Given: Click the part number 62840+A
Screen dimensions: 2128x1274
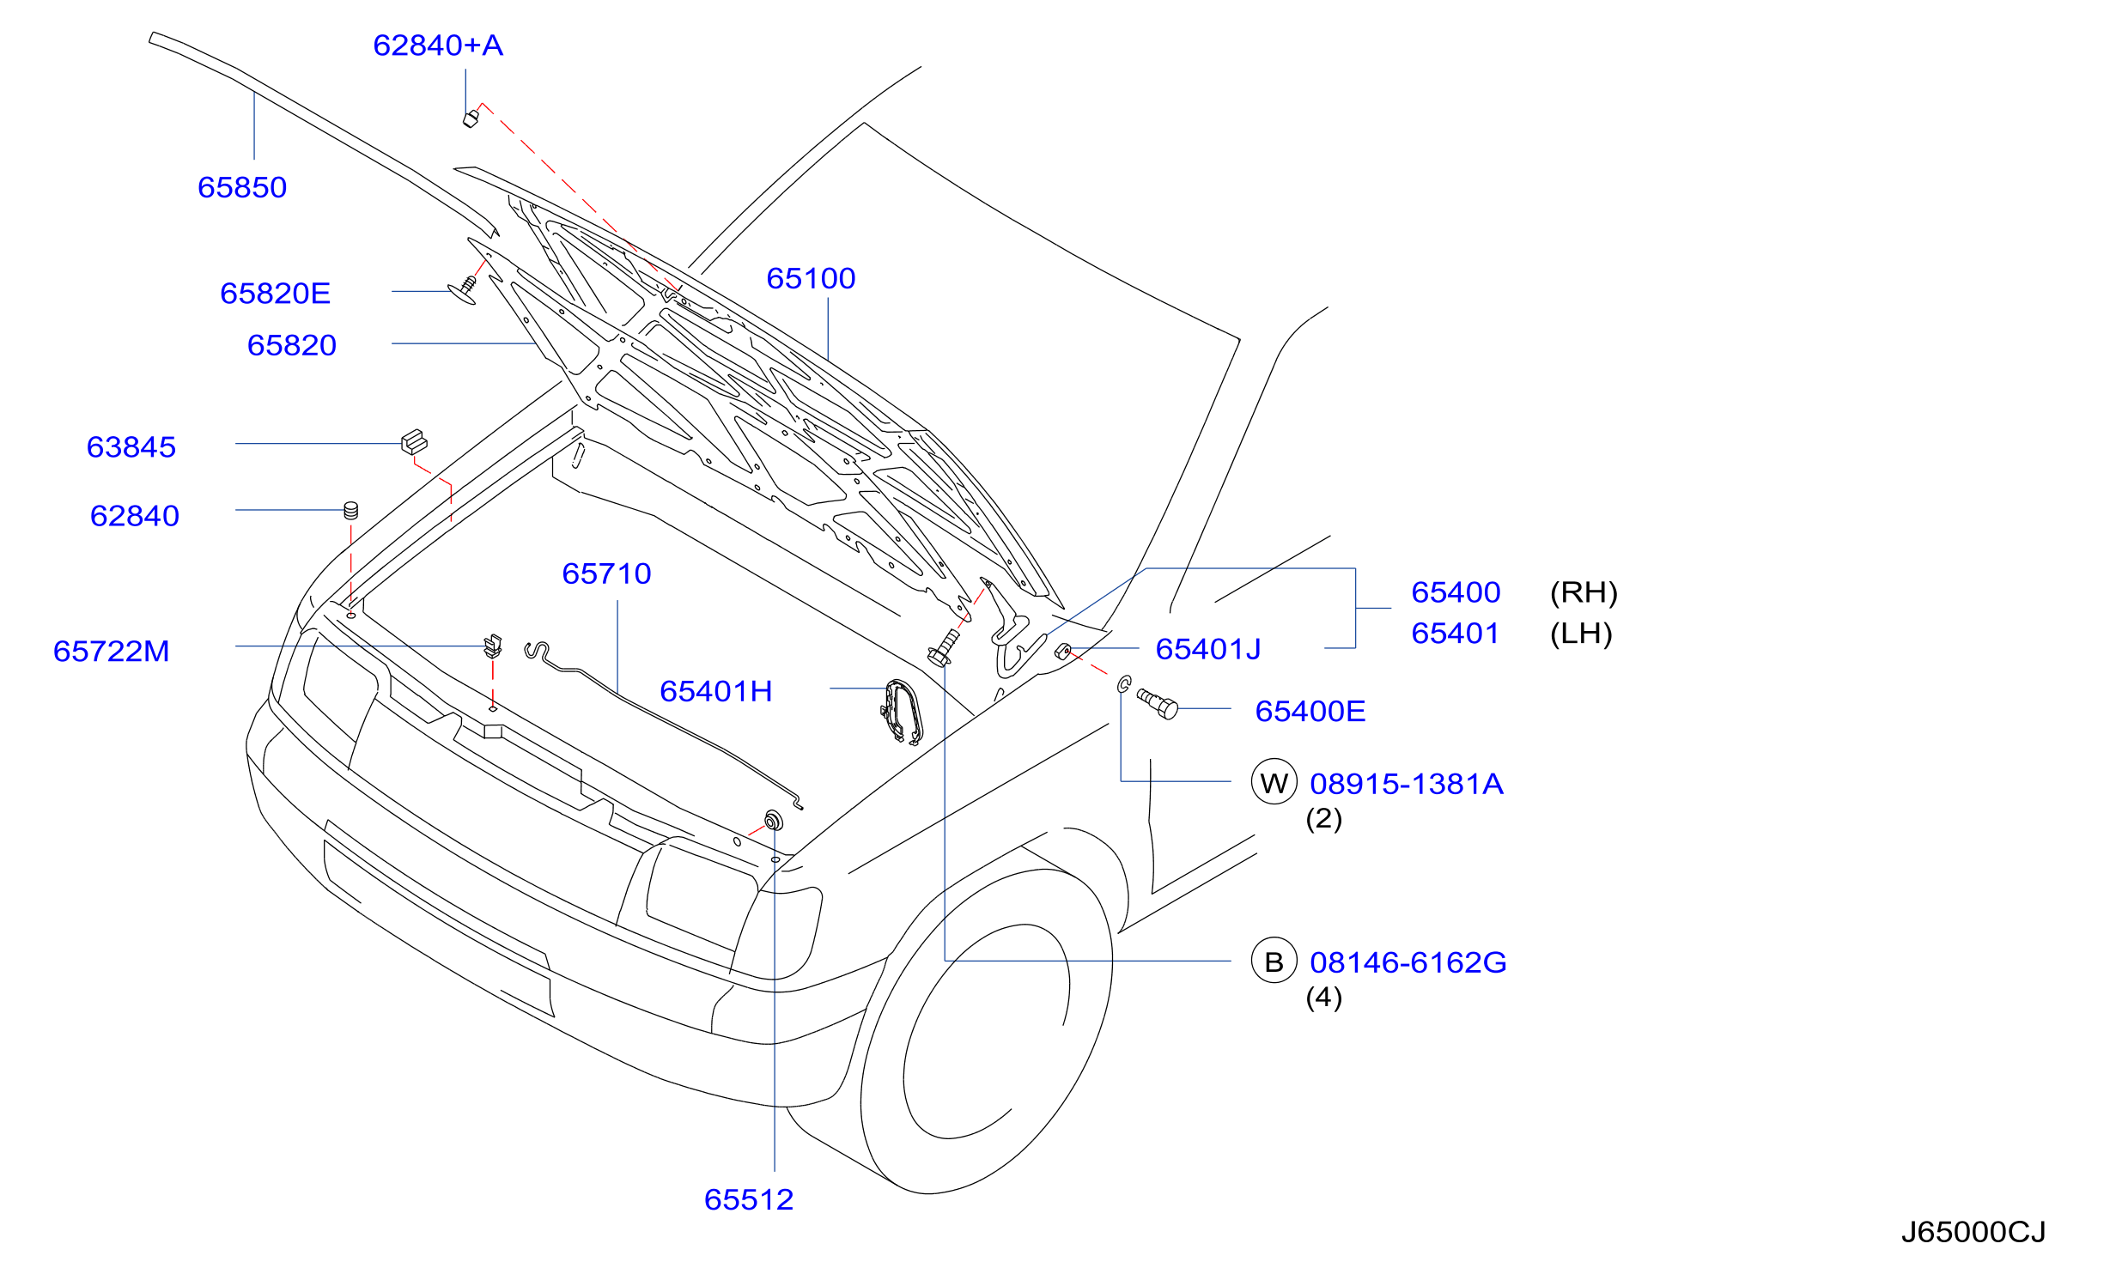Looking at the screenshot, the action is [438, 45].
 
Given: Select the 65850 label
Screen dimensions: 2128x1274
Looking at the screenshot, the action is [242, 187].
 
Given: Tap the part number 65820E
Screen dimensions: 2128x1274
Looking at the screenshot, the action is [276, 294].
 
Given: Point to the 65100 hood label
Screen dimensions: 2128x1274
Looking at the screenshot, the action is [811, 278].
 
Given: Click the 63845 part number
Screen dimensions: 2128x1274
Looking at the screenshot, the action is [131, 447].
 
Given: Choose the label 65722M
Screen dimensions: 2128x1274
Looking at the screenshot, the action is [112, 652].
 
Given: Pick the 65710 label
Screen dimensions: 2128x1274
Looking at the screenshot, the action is [606, 573].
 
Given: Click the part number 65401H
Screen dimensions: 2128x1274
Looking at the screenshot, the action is [716, 691].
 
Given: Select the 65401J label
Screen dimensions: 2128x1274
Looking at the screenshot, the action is [1208, 649].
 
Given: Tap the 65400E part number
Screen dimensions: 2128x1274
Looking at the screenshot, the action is [1310, 711].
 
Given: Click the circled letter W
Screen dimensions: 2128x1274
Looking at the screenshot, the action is [1274, 781].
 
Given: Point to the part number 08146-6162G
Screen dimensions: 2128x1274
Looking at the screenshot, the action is [1408, 962].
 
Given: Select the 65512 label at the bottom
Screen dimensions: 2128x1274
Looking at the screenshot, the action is [749, 1199].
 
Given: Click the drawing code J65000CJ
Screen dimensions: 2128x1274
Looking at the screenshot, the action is [1973, 1232].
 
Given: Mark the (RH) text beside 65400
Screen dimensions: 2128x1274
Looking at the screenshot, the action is [1584, 592].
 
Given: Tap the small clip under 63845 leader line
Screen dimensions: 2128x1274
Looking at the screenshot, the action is [414, 442].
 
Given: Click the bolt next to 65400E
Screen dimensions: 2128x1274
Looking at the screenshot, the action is [1158, 703].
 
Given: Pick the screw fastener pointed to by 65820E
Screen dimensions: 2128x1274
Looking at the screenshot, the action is [464, 289].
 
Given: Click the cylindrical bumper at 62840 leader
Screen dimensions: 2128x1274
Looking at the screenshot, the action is [350, 511].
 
